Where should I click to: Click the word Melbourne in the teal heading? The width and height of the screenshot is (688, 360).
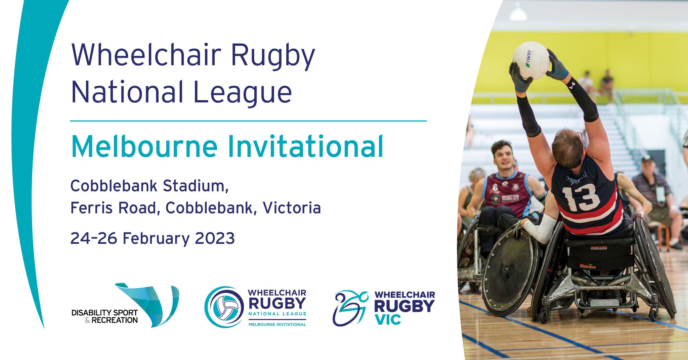click(x=144, y=146)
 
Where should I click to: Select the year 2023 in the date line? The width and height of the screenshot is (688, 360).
click(x=215, y=238)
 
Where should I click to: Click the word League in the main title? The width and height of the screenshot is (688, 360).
click(x=242, y=92)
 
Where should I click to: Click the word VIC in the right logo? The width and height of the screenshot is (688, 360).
click(x=388, y=319)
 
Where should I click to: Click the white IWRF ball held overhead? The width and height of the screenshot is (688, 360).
click(x=531, y=60)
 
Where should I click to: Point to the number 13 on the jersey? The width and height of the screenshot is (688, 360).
click(x=580, y=197)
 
